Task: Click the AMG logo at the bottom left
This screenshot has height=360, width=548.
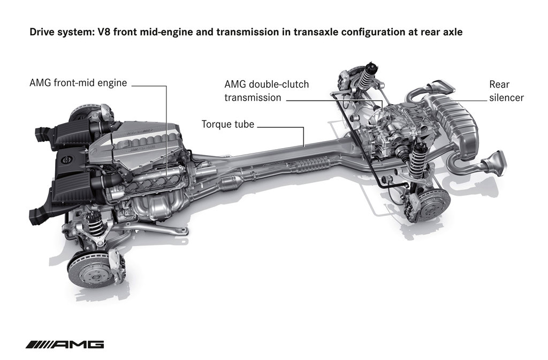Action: click(65, 344)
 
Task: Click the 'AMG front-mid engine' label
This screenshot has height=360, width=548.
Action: click(78, 83)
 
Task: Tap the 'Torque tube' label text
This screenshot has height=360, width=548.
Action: click(228, 124)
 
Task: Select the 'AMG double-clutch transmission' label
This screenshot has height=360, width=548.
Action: click(267, 91)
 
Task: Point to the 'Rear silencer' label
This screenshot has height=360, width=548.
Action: click(506, 91)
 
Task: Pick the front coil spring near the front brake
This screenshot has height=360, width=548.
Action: click(95, 224)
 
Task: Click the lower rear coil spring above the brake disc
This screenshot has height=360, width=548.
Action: click(416, 158)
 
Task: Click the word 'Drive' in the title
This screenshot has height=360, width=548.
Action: click(41, 32)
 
